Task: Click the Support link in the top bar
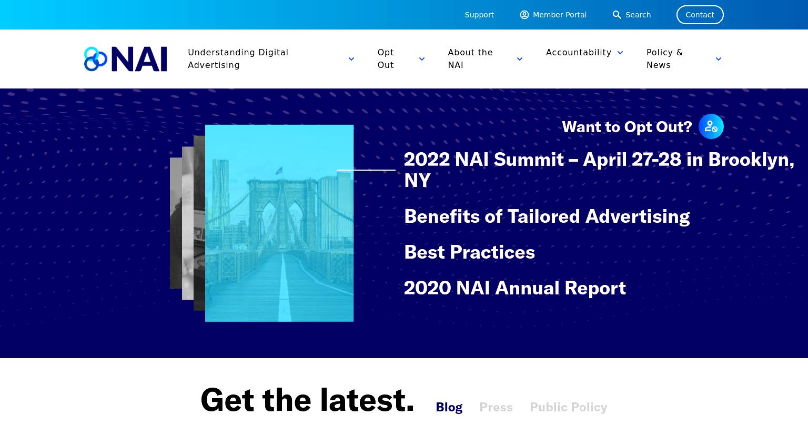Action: [479, 15]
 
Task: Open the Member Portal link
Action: [553, 15]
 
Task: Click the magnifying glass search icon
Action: [617, 15]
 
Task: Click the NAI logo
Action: [126, 59]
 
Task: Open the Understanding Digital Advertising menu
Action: [238, 58]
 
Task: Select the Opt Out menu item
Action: [386, 58]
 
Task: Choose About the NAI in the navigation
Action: [470, 58]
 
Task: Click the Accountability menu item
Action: [579, 52]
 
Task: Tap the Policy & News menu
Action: [664, 58]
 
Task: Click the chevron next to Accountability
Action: [620, 53]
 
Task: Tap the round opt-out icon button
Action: [711, 127]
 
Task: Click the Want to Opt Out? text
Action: [627, 127]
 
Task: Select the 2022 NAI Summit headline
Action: [599, 170]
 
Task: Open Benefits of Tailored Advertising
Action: [547, 216]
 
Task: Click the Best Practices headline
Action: [469, 252]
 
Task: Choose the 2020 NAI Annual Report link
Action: [515, 288]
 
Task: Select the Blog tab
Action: [449, 407]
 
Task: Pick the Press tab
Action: [496, 407]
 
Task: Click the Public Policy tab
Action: [569, 407]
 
